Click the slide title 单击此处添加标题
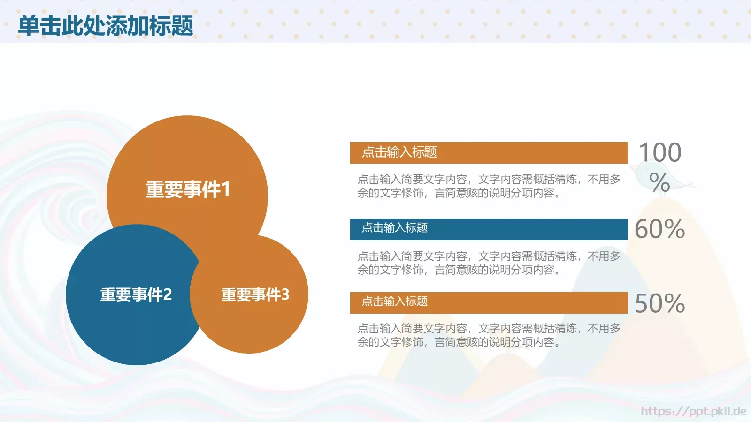point(106,26)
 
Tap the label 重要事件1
point(188,189)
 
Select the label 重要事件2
point(136,294)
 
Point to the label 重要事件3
point(255,294)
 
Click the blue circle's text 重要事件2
point(136,294)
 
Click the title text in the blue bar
point(395,228)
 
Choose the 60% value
point(659,229)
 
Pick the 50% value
point(659,303)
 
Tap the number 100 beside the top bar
point(660,153)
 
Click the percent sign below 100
point(659,182)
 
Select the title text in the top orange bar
point(399,152)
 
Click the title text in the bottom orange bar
point(395,301)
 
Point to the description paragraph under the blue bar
point(489,263)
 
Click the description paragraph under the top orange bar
point(489,186)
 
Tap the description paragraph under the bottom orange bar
point(489,335)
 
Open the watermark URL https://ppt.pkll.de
point(693,411)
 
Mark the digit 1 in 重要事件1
point(226,189)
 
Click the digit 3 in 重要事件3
point(285,294)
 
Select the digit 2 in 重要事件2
point(168,294)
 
